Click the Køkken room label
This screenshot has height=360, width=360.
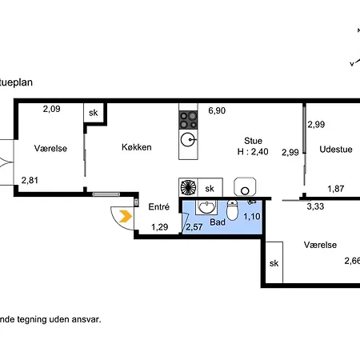tap(137, 147)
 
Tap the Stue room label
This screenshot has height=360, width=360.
tap(253, 141)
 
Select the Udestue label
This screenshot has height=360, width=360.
tap(336, 149)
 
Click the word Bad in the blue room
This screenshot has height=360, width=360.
tap(218, 222)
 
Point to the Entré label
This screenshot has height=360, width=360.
tap(159, 206)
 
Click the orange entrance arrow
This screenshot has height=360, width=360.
tap(126, 216)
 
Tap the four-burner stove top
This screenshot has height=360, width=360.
tap(188, 120)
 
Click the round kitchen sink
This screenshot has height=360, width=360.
tap(188, 139)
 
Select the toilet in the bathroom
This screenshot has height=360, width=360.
tap(232, 210)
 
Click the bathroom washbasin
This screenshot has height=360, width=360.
tap(206, 207)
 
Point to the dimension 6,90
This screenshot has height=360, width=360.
tap(217, 110)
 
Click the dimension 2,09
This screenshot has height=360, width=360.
tap(51, 109)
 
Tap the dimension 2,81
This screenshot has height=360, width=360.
tap(30, 180)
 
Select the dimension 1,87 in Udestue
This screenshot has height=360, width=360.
tap(336, 189)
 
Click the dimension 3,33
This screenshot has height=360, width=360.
tap(315, 206)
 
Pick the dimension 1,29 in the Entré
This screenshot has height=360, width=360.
tap(160, 227)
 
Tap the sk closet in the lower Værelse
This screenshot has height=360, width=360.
tap(274, 262)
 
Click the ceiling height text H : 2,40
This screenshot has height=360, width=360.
tap(253, 151)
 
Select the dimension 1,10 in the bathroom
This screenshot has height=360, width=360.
tap(252, 216)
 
